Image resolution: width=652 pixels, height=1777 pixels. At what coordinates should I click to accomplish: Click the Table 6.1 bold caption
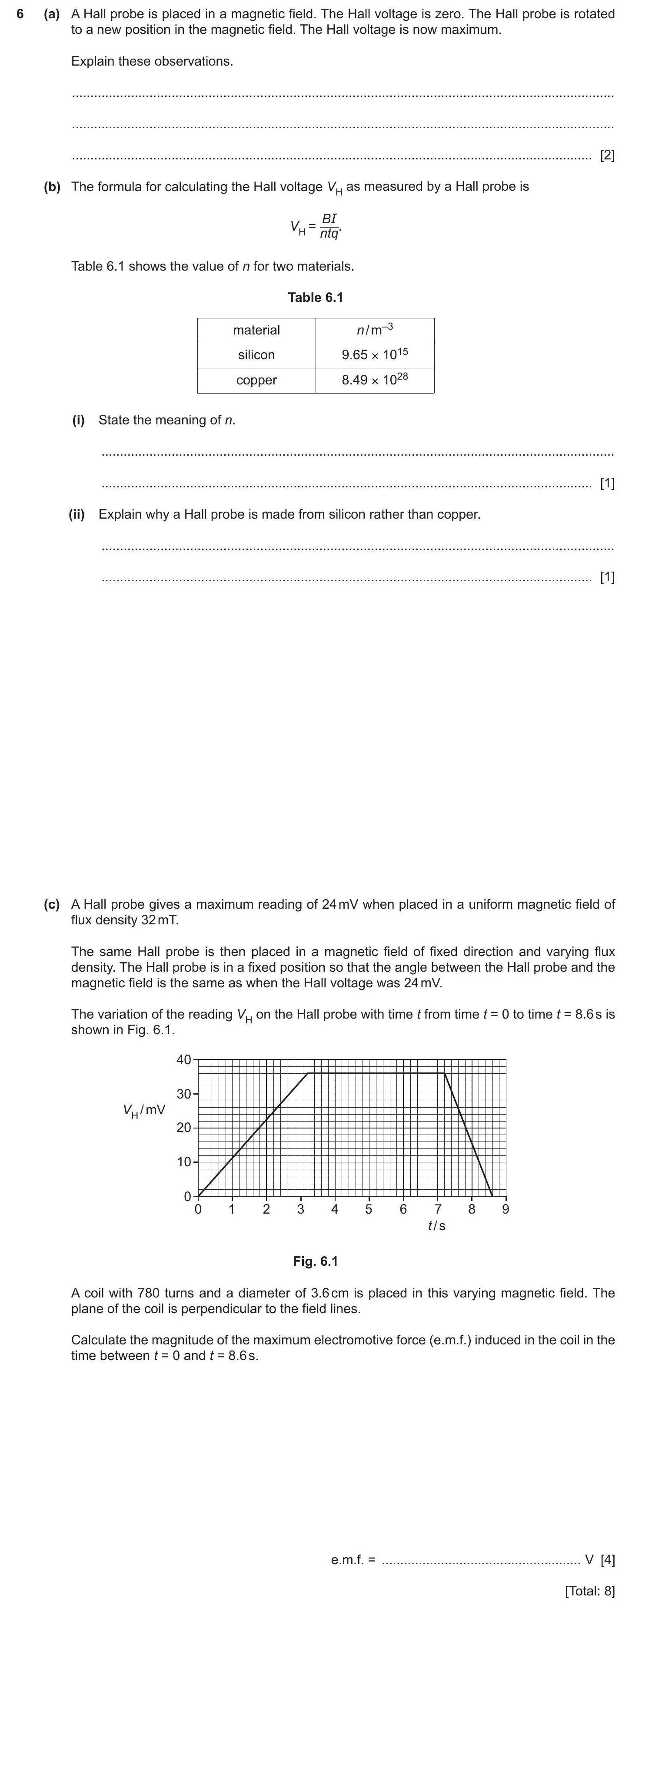tap(315, 297)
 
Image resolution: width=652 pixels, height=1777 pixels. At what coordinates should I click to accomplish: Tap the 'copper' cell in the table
tap(256, 380)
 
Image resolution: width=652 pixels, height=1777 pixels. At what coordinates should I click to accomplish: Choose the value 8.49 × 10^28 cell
tap(375, 380)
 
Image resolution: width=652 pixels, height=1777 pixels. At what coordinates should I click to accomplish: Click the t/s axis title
tap(437, 1226)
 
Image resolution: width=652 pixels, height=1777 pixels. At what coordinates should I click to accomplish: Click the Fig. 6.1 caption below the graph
tap(315, 1261)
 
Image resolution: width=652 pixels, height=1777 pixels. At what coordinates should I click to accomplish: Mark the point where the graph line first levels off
tap(308, 1073)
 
